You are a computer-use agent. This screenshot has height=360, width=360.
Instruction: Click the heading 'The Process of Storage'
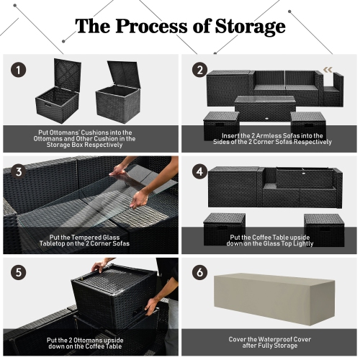[180, 27]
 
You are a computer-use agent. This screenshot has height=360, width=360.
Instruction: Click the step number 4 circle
[200, 173]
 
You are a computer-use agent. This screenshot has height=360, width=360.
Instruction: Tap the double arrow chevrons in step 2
[329, 70]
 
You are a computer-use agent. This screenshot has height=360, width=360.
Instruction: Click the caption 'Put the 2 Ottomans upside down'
[90, 343]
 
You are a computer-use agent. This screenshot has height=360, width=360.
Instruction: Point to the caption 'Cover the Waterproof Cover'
[270, 343]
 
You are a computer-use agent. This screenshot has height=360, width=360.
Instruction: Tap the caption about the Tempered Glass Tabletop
[90, 240]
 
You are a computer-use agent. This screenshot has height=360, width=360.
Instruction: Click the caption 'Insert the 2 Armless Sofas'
[270, 138]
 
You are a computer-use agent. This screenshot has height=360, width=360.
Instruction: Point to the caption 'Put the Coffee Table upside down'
[270, 240]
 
